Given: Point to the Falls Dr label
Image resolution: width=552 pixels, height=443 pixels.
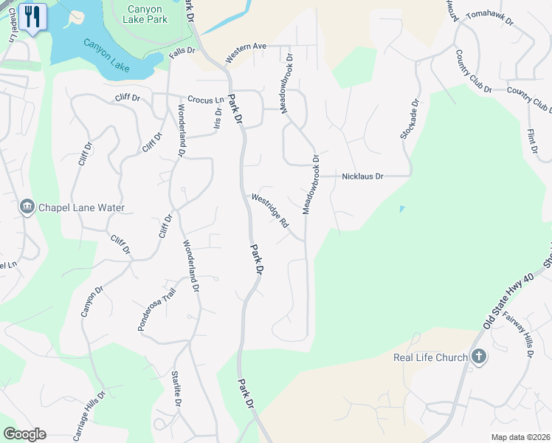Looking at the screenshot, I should (x=181, y=51).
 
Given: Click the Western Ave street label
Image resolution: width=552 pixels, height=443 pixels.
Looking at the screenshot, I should (x=246, y=51).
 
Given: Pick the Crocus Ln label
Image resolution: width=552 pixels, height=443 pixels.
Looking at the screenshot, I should (x=205, y=100).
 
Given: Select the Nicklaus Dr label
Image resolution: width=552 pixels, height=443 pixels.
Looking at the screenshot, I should (x=363, y=176).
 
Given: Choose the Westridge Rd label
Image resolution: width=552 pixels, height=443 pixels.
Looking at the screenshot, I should (x=269, y=210).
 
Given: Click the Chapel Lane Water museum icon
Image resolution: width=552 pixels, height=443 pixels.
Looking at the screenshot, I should (x=27, y=206).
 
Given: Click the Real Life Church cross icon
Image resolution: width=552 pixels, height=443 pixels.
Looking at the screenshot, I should (x=479, y=357).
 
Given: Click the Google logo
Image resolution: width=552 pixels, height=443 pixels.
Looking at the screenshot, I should (x=24, y=434).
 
